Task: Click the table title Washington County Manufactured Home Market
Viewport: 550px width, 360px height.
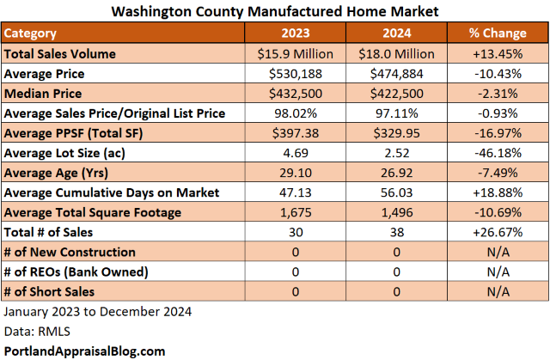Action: coord(274,12)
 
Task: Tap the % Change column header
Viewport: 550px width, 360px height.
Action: coord(498,34)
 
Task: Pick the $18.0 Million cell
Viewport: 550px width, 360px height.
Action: coord(395,54)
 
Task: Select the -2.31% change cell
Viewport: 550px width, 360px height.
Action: coord(498,94)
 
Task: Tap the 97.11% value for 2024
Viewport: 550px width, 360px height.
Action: coord(395,113)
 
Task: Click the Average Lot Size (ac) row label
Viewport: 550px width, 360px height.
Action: coord(70,153)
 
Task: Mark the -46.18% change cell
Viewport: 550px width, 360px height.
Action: coord(498,153)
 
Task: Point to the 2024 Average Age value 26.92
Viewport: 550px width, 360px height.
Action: coord(395,173)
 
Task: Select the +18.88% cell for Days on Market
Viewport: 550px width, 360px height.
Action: coord(498,192)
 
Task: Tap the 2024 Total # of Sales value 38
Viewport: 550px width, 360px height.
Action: coord(395,232)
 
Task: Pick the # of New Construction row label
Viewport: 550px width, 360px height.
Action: coord(70,252)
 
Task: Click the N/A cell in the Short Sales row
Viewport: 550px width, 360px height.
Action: coord(498,291)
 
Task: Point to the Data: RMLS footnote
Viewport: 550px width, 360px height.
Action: coord(35,331)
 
